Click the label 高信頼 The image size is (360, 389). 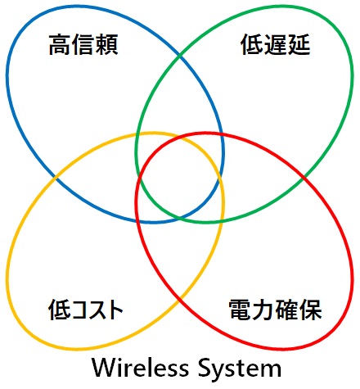(x=83, y=44)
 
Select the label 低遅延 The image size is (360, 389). (x=276, y=44)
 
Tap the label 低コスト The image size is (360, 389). (x=86, y=310)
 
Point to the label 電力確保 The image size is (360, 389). (x=276, y=310)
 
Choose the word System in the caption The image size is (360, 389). (x=240, y=369)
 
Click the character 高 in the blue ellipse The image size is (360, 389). (x=61, y=44)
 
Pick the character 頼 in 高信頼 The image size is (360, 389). (x=106, y=44)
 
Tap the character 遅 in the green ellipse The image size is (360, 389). (x=276, y=44)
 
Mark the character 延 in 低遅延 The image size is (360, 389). (x=299, y=44)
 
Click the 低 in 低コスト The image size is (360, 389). (x=60, y=310)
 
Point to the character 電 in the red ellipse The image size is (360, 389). (x=241, y=310)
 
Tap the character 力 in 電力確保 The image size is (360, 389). (x=263, y=310)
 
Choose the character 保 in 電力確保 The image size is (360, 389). (x=311, y=310)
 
